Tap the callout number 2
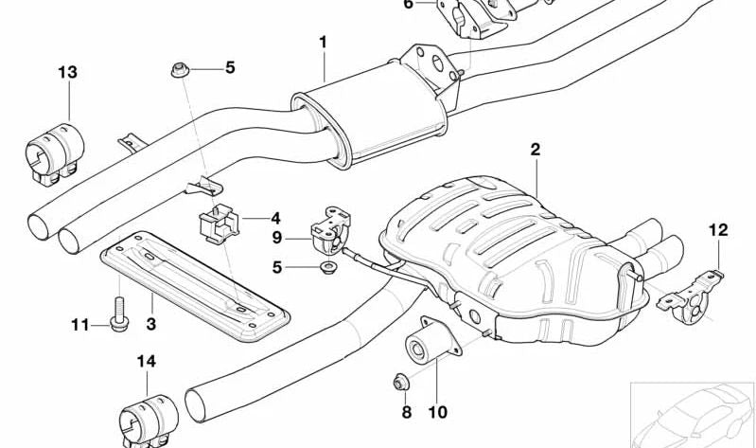[x=535, y=149]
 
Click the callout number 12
[x=718, y=228]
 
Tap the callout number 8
[x=406, y=412]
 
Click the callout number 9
[x=277, y=238]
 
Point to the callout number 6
[x=408, y=4]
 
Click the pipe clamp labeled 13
[x=51, y=152]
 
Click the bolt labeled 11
[x=117, y=317]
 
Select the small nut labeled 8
[x=399, y=385]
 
